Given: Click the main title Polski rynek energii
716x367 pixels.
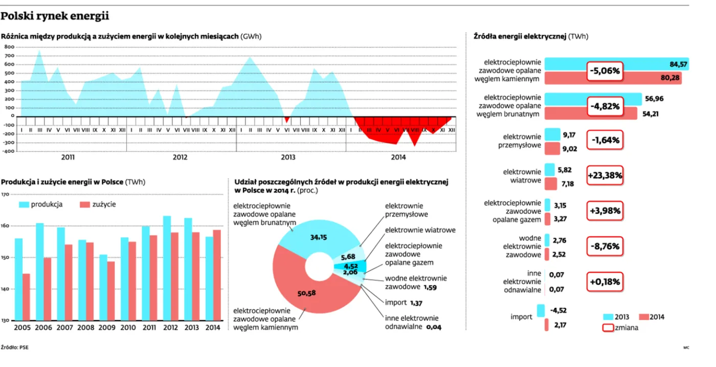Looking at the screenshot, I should pyautogui.click(x=55, y=16).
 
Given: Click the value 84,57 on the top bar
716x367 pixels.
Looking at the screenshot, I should pyautogui.click(x=678, y=64).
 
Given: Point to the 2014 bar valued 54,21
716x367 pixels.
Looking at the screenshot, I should pyautogui.click(x=591, y=113).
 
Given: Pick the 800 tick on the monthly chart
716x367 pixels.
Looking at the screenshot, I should pyautogui.click(x=9, y=47).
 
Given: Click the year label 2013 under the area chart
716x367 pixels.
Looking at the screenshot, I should pyautogui.click(x=288, y=157).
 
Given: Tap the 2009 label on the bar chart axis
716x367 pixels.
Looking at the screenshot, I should pyautogui.click(x=106, y=328).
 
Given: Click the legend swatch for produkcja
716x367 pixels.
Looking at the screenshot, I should pyautogui.click(x=24, y=204).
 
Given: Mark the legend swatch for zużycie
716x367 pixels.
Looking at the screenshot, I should pyautogui.click(x=85, y=204).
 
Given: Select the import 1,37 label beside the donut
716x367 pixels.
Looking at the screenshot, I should pyautogui.click(x=404, y=303).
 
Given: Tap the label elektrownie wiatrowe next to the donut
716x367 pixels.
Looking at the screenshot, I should pyautogui.click(x=420, y=230).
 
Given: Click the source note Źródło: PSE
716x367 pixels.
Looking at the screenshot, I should pyautogui.click(x=14, y=347).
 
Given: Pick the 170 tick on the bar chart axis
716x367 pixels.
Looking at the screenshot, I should pyautogui.click(x=6, y=194).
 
